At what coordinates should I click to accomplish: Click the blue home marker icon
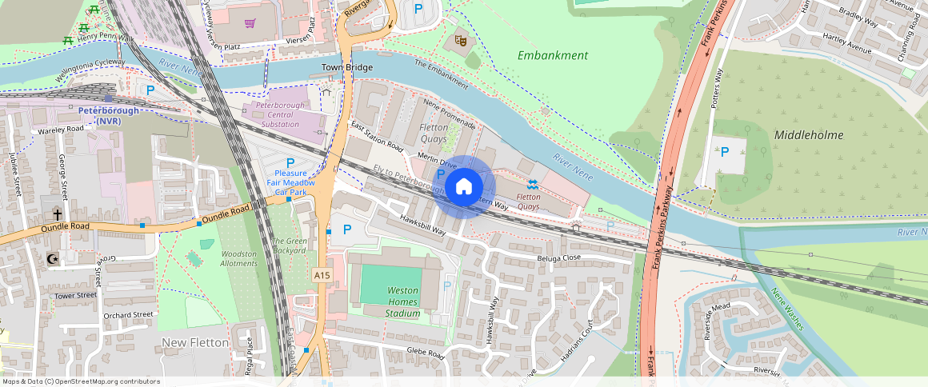(x=464, y=187)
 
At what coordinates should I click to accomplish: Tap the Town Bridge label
(x=347, y=68)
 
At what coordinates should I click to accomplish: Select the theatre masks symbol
(x=460, y=38)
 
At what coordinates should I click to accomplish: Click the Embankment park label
(x=552, y=55)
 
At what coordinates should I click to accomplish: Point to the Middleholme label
(x=808, y=135)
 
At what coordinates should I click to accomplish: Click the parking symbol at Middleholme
(x=725, y=152)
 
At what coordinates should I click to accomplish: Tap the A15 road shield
(x=322, y=275)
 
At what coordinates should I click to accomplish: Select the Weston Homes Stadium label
(x=402, y=302)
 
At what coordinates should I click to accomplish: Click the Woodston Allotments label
(x=238, y=258)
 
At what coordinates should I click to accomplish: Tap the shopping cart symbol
(x=250, y=23)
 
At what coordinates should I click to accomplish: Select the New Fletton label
(x=195, y=342)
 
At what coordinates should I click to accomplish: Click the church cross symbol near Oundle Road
(x=57, y=214)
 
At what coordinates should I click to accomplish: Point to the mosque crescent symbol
(x=54, y=259)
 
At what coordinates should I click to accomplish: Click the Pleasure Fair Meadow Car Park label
(x=290, y=182)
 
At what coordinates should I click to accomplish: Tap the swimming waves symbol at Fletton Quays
(x=532, y=185)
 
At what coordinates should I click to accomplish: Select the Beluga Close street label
(x=560, y=257)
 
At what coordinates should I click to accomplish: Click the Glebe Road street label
(x=425, y=353)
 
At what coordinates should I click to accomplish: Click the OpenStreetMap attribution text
(x=80, y=381)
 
